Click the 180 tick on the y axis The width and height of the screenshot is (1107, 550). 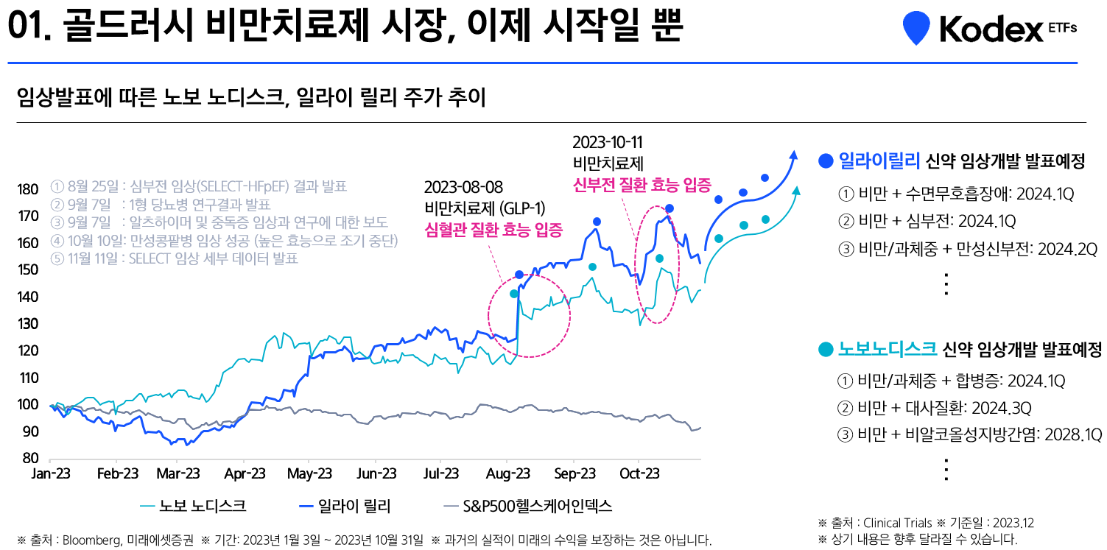(28, 190)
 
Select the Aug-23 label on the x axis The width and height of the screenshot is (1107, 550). (508, 473)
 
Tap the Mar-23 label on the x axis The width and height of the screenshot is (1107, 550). (178, 473)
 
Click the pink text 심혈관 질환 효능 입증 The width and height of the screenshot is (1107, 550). (493, 230)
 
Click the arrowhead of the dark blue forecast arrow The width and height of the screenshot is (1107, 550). (793, 154)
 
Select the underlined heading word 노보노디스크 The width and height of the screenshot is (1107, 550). (888, 349)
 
